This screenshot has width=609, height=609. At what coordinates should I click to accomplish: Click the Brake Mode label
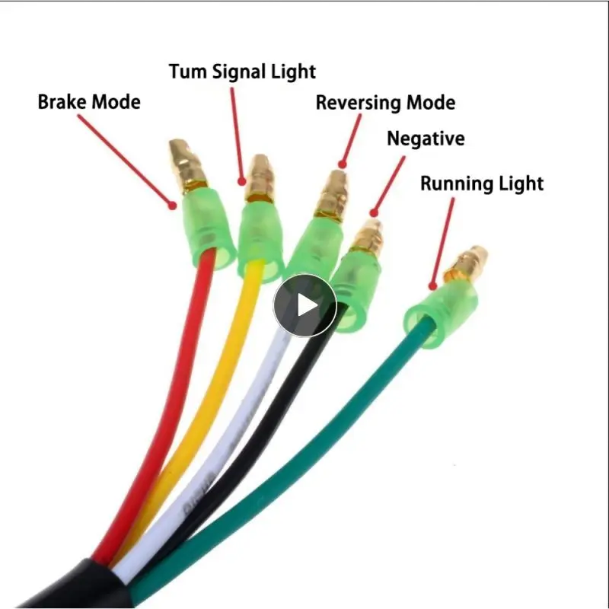[89, 101]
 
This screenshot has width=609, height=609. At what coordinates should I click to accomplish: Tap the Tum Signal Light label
[242, 72]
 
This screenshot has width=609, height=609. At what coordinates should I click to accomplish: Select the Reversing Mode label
[385, 102]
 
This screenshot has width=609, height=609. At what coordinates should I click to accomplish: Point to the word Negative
[426, 139]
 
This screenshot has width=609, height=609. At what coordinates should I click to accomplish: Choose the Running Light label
[482, 183]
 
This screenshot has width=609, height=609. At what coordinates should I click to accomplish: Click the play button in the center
[304, 304]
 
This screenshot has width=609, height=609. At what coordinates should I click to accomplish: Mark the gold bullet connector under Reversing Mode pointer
[331, 194]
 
